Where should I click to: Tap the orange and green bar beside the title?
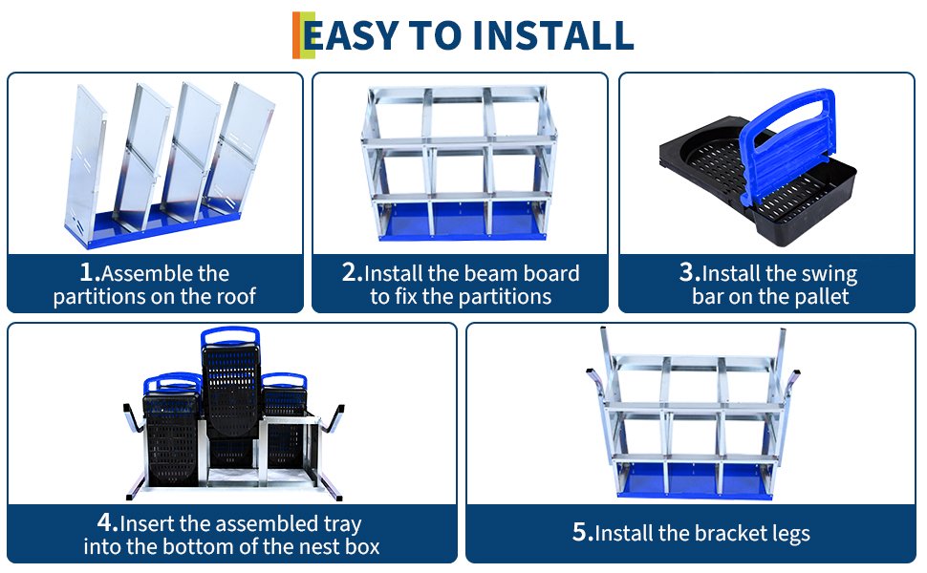point(303,35)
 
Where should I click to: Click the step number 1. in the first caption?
point(90,272)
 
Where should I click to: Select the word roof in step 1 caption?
point(236,296)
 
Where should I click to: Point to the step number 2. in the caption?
point(352,272)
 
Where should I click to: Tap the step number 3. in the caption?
point(689,272)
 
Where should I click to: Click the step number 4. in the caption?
point(108,522)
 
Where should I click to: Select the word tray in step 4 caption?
point(342,524)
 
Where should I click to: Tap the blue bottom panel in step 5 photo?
point(695,481)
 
